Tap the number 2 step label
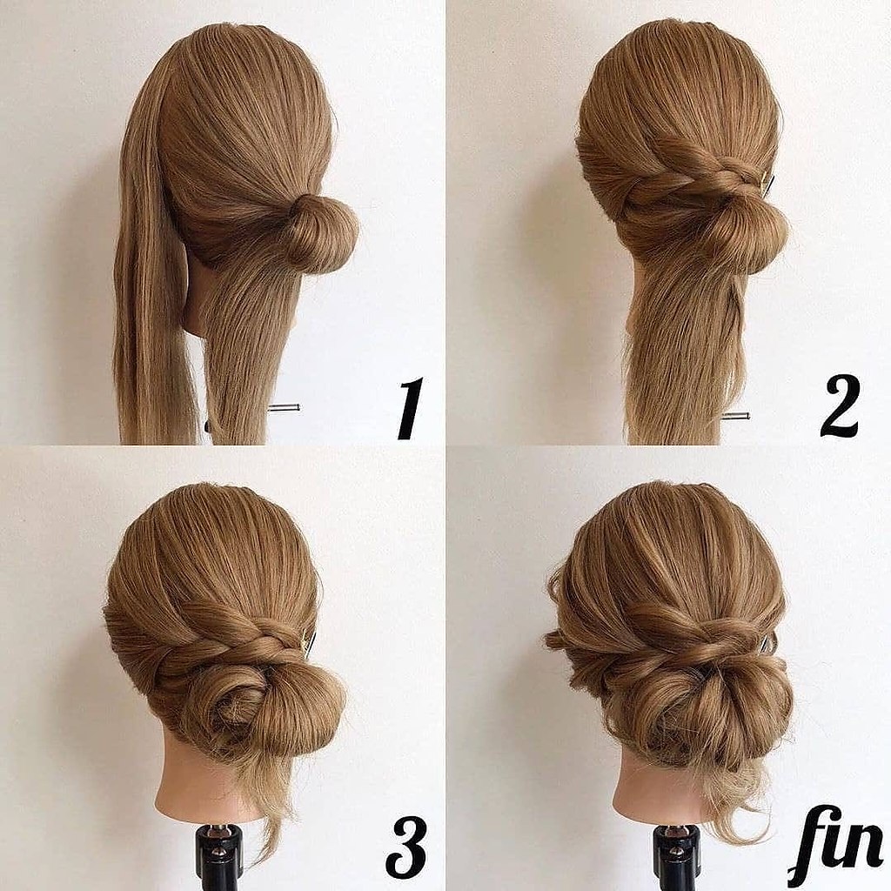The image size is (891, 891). coord(841,405)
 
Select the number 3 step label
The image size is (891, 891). coord(405,847)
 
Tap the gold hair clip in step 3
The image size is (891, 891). coord(310,642)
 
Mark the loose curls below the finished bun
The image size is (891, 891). coord(733,801)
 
